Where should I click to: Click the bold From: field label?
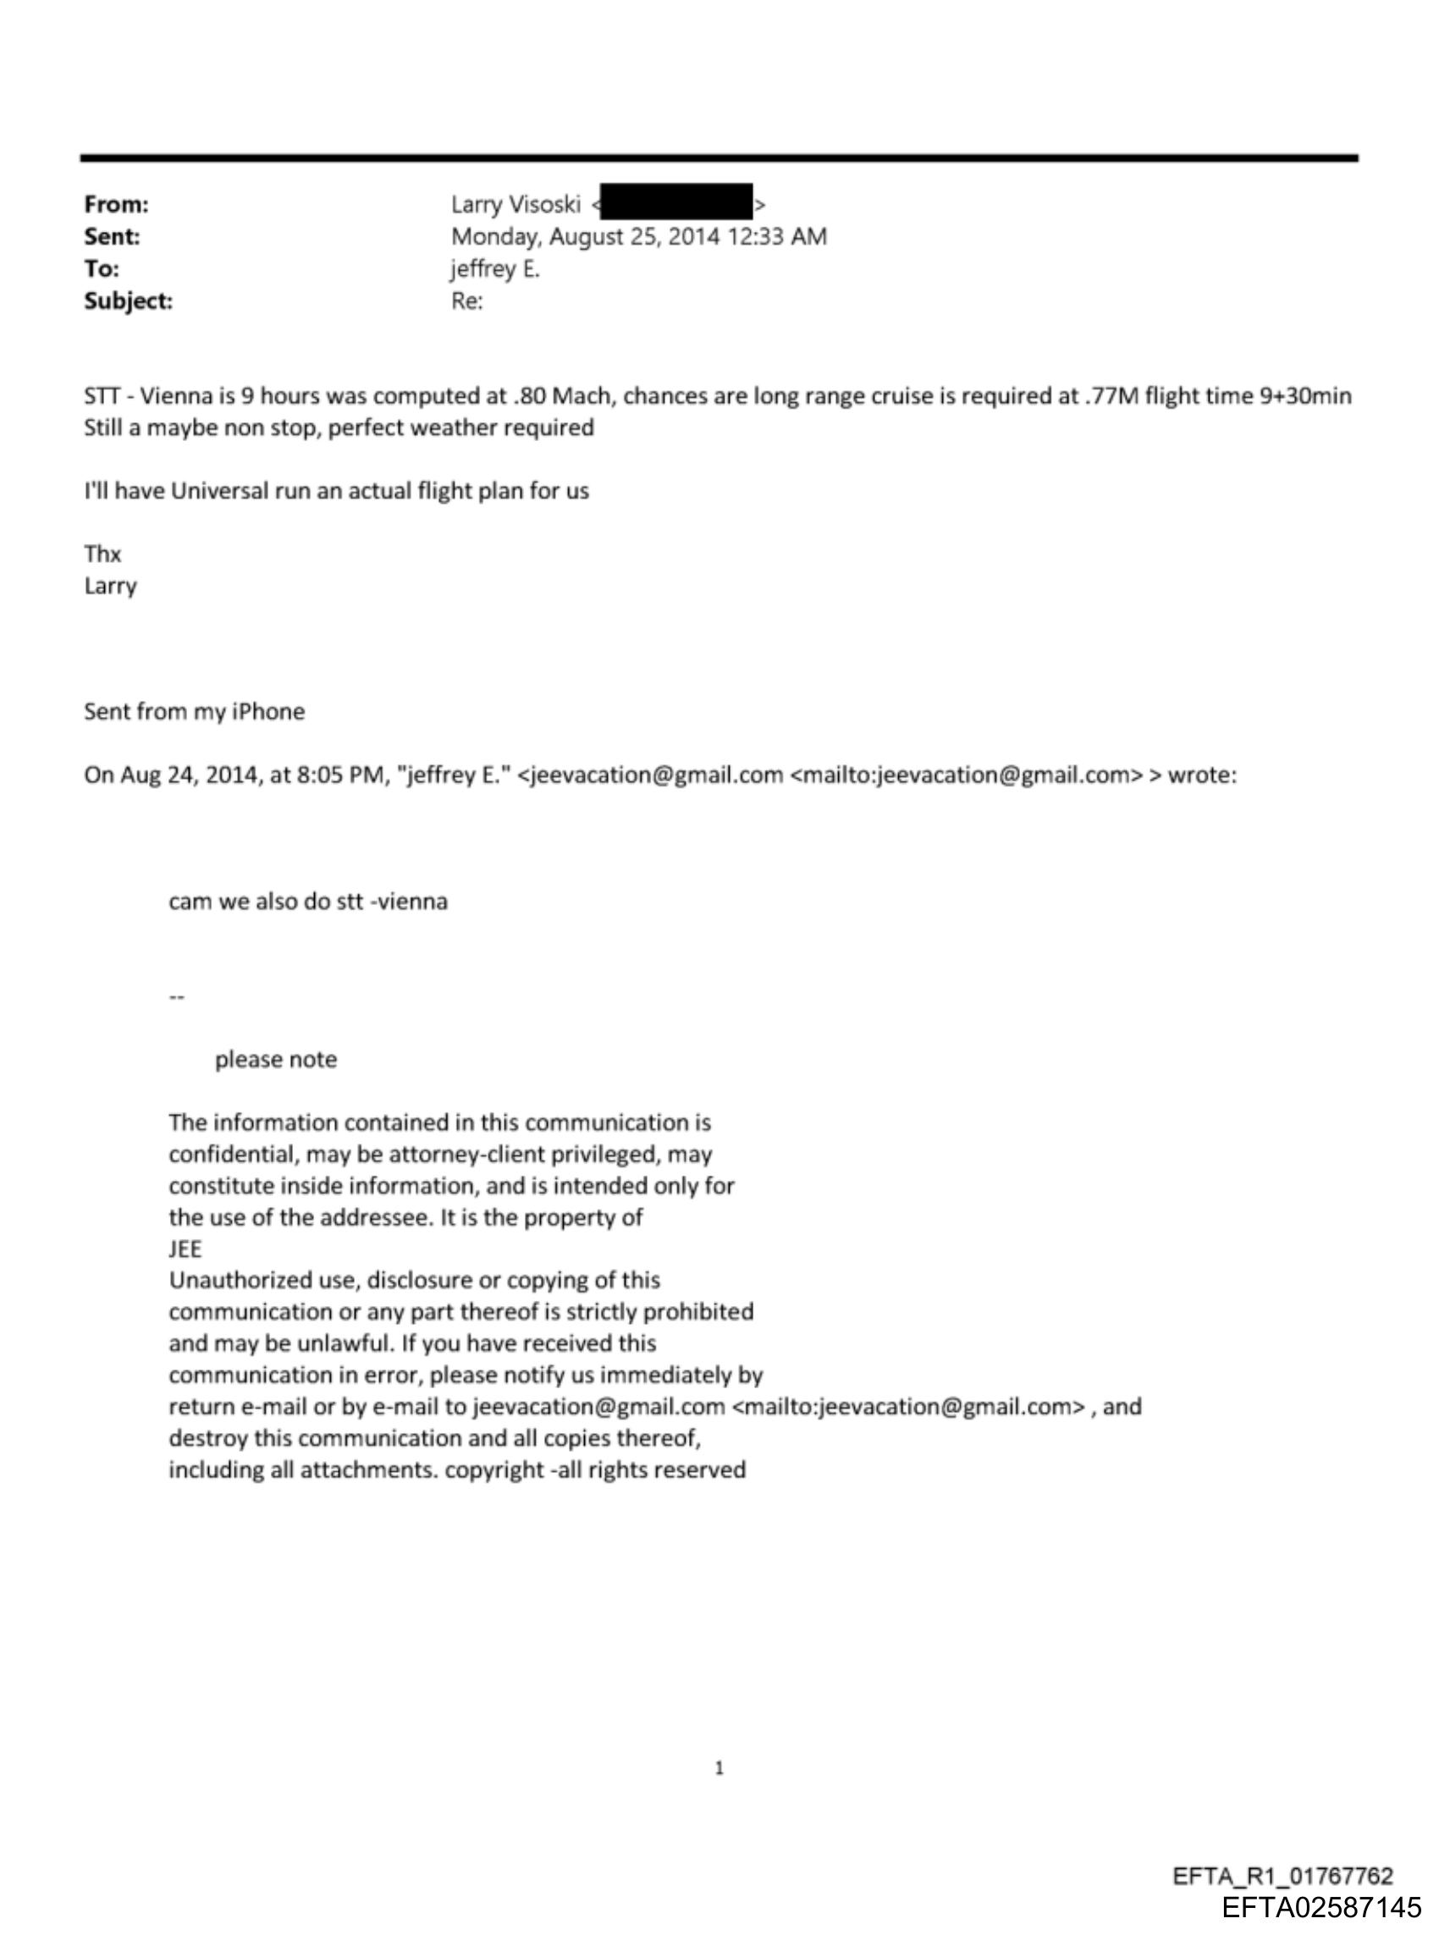click(x=116, y=205)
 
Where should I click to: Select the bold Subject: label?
click(x=128, y=301)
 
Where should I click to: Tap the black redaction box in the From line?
click(x=676, y=202)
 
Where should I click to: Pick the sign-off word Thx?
click(x=102, y=554)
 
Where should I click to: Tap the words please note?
click(x=275, y=1060)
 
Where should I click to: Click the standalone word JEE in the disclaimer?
click(x=185, y=1249)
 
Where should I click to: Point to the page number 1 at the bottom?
click(x=719, y=1768)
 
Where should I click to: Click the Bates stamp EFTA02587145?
click(x=1320, y=1908)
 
